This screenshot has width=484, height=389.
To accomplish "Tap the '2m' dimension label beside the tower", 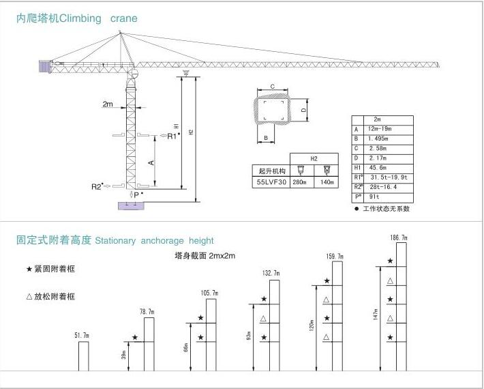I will (108, 104).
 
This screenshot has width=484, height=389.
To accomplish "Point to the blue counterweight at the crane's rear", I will (46, 66).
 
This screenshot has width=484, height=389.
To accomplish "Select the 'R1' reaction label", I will (172, 136).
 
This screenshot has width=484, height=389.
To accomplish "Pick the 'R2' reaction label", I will (97, 186).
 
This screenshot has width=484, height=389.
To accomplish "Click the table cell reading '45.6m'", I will (377, 167).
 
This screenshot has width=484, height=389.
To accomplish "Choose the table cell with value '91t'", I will (374, 197).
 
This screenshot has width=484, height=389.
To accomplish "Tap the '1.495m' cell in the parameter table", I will (377, 138).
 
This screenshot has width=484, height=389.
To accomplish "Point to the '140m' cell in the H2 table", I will (327, 182).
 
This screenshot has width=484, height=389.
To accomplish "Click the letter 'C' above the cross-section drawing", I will (272, 87).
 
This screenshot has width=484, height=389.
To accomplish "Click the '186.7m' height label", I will (399, 237).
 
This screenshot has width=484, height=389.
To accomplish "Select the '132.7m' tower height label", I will (271, 273).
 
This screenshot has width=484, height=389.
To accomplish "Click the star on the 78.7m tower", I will (135, 338).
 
